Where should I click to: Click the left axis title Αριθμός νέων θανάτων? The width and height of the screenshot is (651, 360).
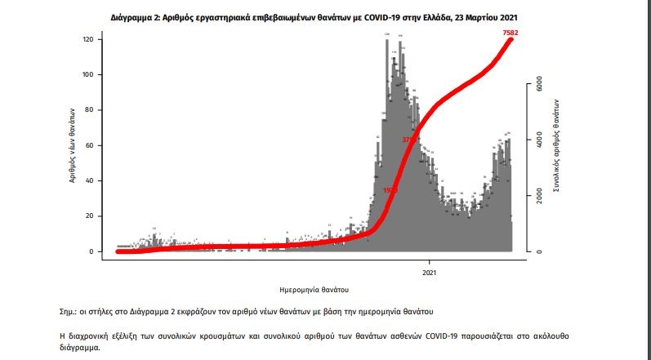tap(72, 144)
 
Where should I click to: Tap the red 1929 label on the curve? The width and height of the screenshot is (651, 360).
tap(390, 190)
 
